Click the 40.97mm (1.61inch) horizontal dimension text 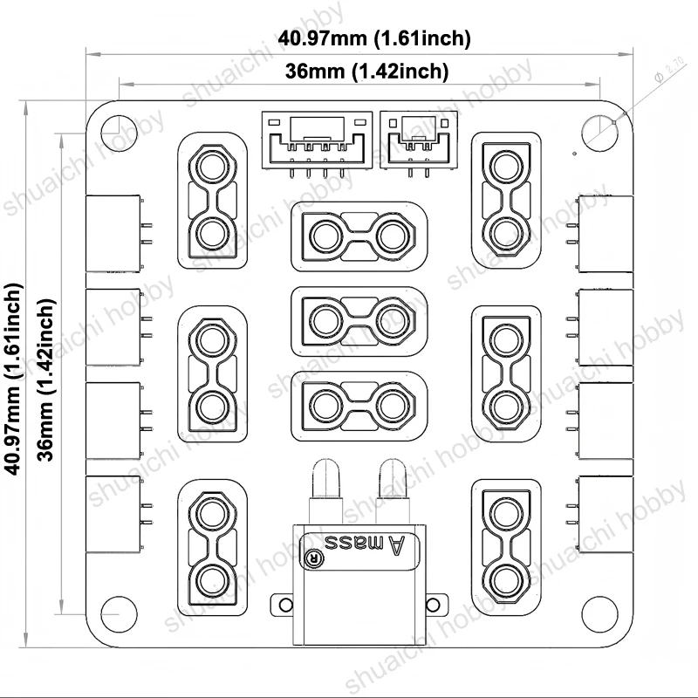tap(374, 38)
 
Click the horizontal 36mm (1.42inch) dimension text tap(366, 72)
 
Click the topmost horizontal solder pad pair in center tap(359, 235)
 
